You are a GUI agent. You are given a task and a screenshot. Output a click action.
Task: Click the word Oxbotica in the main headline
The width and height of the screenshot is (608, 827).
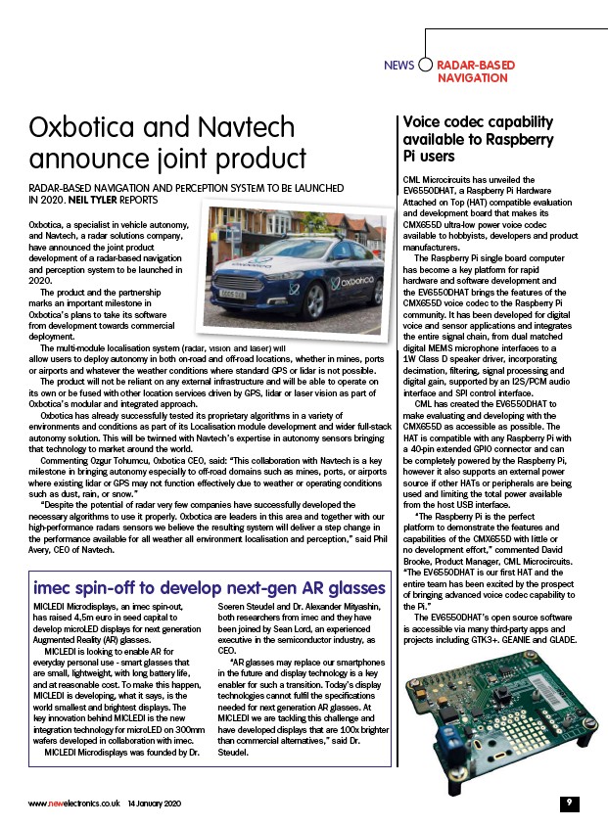click(84, 129)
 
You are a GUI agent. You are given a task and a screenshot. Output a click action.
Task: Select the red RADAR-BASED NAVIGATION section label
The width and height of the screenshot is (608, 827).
click(475, 70)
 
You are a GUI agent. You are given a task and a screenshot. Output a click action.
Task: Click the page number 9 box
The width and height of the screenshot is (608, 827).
click(568, 803)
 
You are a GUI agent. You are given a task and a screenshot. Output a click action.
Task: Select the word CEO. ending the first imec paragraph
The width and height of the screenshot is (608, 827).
click(225, 650)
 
